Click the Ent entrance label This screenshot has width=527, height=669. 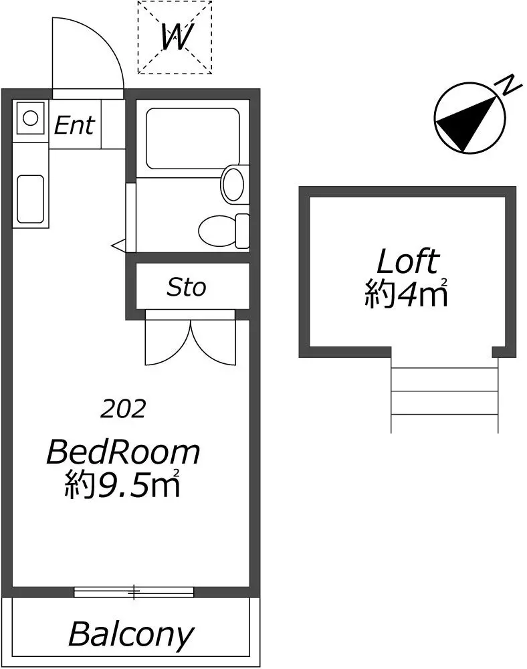74,125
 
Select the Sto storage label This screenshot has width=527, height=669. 187,287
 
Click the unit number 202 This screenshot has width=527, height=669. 123,409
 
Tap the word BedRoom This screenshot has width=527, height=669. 123,452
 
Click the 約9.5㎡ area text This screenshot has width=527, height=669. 122,484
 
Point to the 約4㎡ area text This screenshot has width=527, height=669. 406,293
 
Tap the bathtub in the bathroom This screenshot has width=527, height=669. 193,138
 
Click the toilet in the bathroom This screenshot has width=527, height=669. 223,230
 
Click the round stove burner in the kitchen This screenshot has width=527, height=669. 30,117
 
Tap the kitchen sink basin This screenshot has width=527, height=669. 30,199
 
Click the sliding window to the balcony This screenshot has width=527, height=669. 134,592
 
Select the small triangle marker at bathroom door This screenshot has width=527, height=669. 118,246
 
